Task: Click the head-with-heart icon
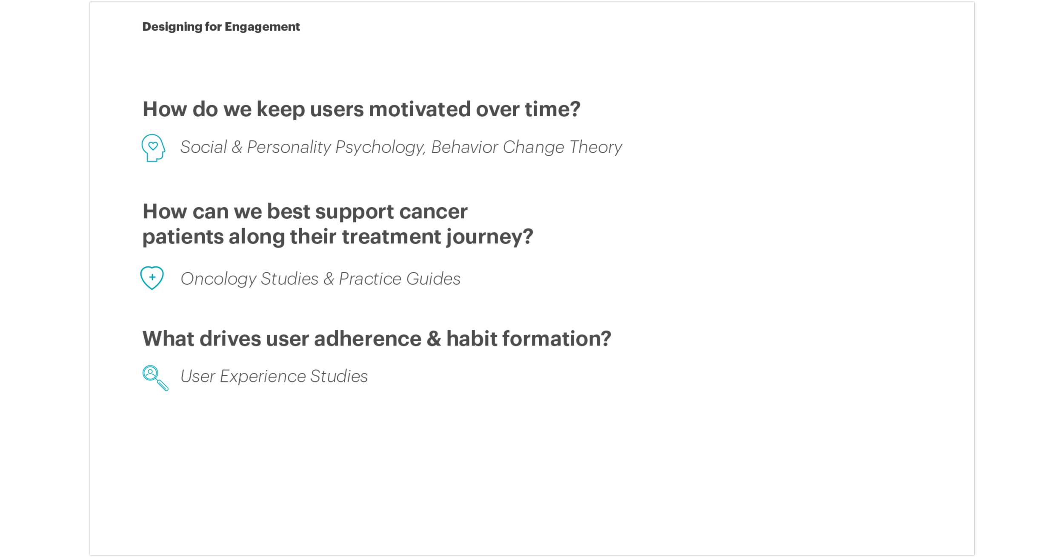[x=153, y=148]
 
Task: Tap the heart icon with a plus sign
[x=152, y=278]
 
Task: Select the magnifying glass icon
[x=155, y=378]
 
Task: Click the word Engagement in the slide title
[x=262, y=27]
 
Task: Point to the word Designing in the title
[x=172, y=27]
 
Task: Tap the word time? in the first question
[x=552, y=109]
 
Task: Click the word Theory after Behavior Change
[x=595, y=148]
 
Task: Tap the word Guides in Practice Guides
[x=433, y=279]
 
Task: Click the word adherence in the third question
[x=368, y=339]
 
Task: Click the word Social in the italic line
[x=204, y=147]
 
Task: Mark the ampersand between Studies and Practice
[x=329, y=279]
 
